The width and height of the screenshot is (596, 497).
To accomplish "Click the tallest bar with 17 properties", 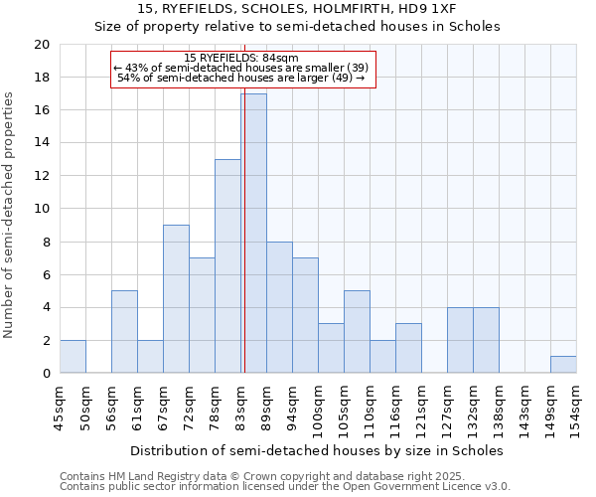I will [253, 234].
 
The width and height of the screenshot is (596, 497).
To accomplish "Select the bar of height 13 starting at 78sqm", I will [227, 266].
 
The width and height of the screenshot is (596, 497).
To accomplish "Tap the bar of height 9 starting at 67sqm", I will [176, 299].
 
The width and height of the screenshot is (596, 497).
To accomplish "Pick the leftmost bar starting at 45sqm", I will [73, 357].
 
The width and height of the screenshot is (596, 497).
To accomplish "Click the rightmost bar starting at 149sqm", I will [563, 365].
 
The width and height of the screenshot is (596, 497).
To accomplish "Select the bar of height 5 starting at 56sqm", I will [124, 332].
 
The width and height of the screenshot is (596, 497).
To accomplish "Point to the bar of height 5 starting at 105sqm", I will [357, 332].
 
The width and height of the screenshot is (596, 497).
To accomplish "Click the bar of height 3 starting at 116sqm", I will [408, 348].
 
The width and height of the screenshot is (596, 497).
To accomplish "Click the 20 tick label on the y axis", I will [41, 45].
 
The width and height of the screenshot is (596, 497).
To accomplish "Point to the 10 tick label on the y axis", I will [41, 209].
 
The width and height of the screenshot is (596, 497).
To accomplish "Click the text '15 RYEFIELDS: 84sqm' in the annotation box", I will [241, 58].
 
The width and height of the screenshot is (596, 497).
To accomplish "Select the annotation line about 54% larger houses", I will [241, 78].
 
